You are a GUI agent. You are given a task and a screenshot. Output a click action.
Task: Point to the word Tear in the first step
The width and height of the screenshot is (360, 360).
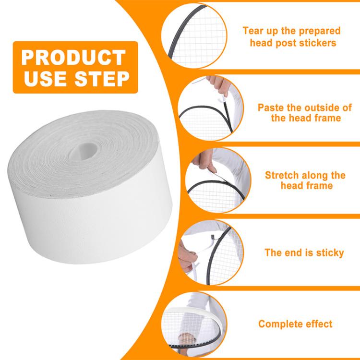[253, 31]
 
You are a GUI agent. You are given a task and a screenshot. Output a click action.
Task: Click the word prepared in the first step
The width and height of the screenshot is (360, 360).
[318, 31]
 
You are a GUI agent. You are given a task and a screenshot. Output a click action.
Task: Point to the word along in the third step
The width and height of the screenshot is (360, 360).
[316, 175]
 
